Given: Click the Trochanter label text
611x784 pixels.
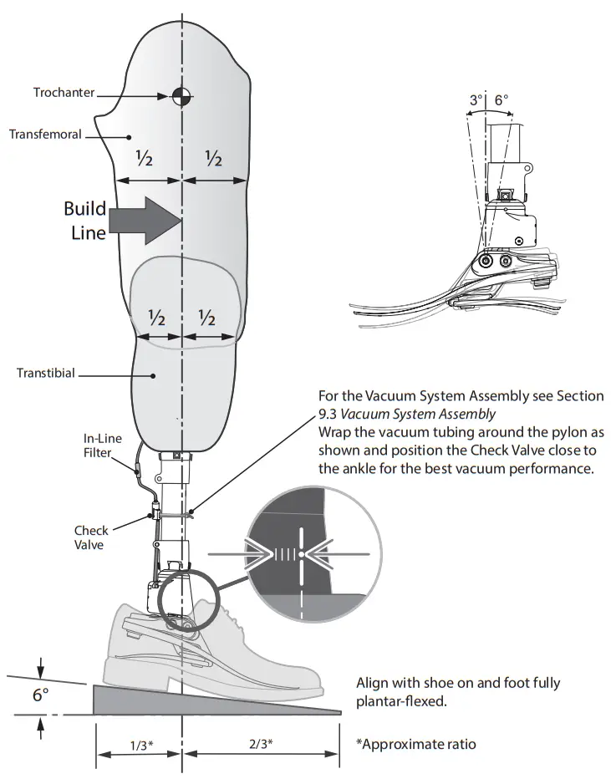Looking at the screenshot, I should (x=64, y=92).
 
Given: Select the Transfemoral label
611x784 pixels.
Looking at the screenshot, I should (x=45, y=134).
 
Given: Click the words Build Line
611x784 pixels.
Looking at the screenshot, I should (x=86, y=220).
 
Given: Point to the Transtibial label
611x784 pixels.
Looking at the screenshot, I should (x=46, y=373).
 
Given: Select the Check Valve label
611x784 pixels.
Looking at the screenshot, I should (x=89, y=537).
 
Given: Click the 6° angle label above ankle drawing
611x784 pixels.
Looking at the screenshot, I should (x=501, y=100).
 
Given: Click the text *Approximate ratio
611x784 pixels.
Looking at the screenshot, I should (x=415, y=743).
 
